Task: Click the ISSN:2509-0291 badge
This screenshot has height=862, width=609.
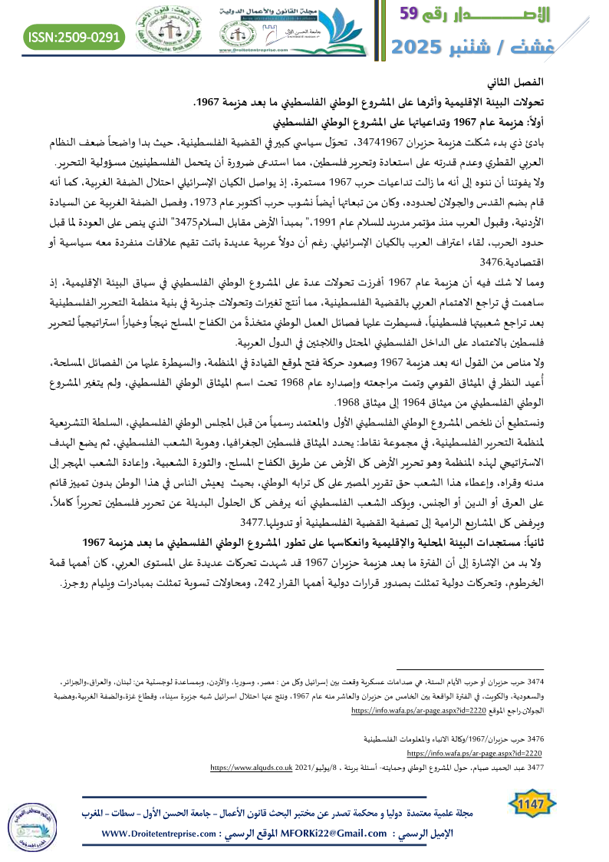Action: [x=74, y=35]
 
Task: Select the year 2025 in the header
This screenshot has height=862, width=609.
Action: [x=421, y=46]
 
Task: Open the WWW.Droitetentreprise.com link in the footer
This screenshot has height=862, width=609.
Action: [x=165, y=834]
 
